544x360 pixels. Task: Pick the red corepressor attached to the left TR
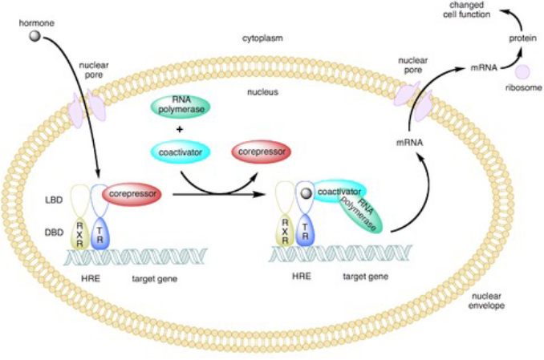tap(132, 193)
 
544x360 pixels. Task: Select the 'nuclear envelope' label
tap(489, 301)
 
